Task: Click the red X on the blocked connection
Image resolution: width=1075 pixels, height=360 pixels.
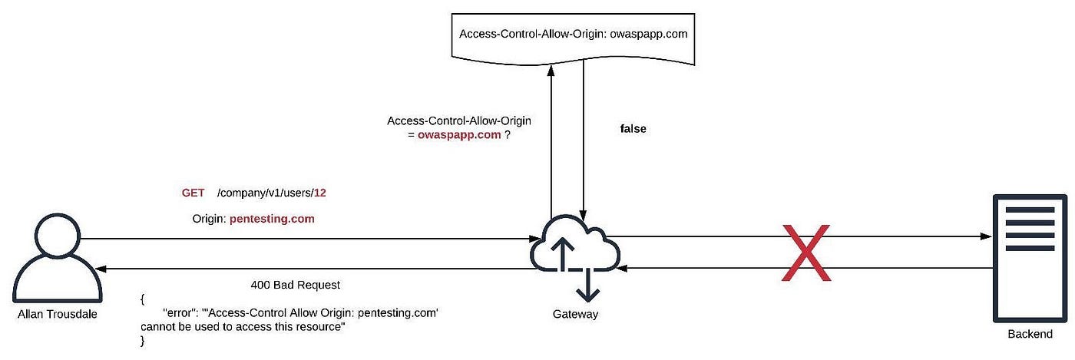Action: (x=805, y=253)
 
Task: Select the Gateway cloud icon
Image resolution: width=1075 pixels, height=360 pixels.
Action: (x=575, y=249)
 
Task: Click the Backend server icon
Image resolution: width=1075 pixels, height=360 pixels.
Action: (x=1025, y=257)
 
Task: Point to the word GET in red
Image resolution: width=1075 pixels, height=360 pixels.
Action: (x=193, y=193)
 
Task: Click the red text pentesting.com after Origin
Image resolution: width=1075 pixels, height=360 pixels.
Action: (x=272, y=219)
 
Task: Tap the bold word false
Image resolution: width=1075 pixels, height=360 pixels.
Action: (x=633, y=129)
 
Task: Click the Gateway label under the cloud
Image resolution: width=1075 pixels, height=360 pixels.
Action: (x=575, y=314)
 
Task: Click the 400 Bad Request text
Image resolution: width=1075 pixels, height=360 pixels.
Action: (x=295, y=285)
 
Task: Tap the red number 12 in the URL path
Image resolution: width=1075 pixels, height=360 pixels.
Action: (x=319, y=193)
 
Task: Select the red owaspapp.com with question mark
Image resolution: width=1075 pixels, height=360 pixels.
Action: (x=465, y=134)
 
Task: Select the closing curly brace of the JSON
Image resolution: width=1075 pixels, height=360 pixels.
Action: (x=143, y=341)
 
